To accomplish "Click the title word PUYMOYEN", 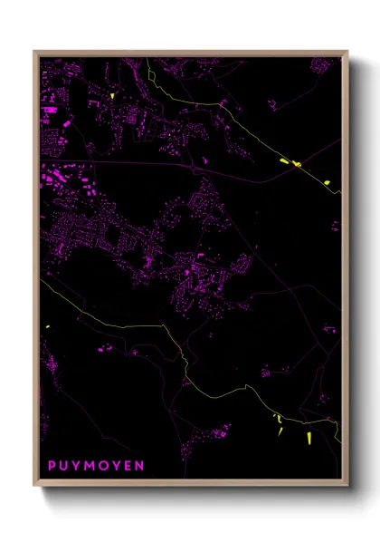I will pos(96,465).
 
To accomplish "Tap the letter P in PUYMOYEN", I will pos(52,465).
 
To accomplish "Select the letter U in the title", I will pos(65,465).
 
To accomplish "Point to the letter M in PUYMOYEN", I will pos(90,465).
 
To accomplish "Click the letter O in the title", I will pos(103,465).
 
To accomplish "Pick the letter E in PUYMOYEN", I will pos(128,465).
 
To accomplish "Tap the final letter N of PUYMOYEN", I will pos(139,465).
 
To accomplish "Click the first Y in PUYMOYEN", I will pos(77,465).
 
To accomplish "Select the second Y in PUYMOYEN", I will pos(116,465).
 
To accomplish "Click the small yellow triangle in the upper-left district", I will pos(112,95).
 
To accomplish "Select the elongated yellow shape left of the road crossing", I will pos(285,161).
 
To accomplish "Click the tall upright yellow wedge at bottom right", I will pos(309,438).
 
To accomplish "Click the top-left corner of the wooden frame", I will pos(34,52).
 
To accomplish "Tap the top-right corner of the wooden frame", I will pos(348,52).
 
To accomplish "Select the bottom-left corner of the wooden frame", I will pos(34,488).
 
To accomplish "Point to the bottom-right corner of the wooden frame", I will pos(348,488).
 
